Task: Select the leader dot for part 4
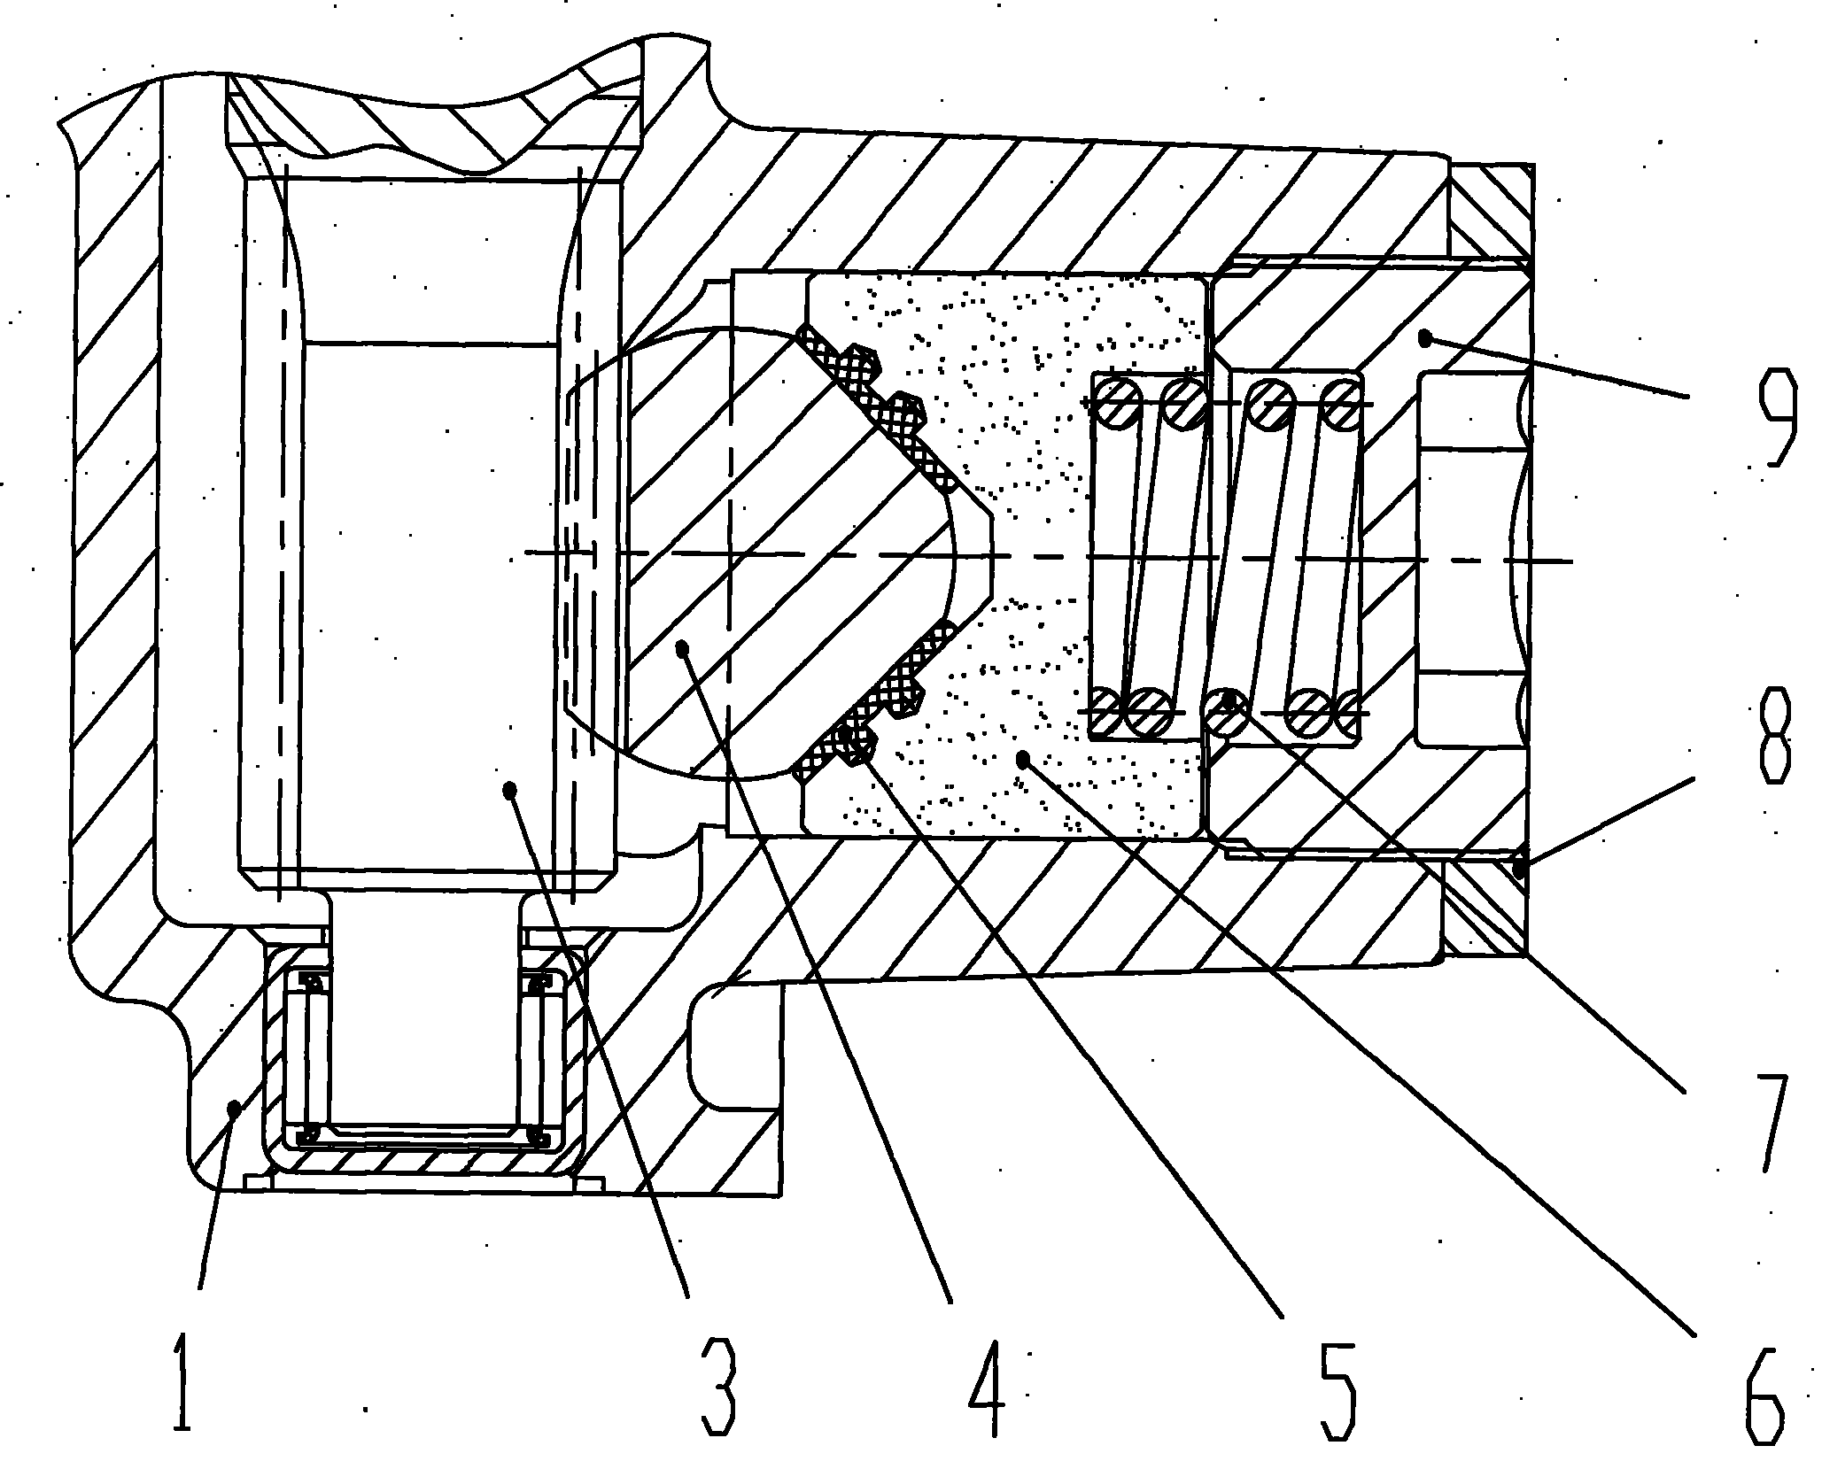pyautogui.click(x=682, y=648)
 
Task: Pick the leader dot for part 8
pyautogui.click(x=1520, y=869)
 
